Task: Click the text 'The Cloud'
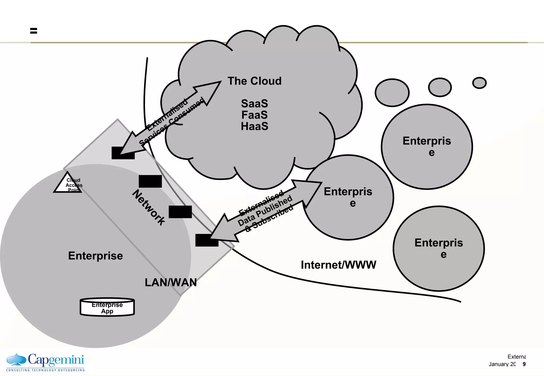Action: click(254, 81)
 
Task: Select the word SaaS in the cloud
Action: click(254, 104)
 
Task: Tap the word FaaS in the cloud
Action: click(254, 115)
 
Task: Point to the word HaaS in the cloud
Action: click(254, 126)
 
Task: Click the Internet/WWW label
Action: click(338, 265)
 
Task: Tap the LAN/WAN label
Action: click(171, 282)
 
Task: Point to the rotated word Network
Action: click(149, 207)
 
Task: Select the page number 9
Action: click(524, 364)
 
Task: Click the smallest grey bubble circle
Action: click(479, 83)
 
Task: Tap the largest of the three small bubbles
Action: click(392, 93)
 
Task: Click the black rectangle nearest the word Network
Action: click(150, 181)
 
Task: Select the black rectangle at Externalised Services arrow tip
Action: click(123, 153)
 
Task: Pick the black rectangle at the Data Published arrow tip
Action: click(207, 240)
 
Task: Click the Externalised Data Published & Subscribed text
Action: click(266, 211)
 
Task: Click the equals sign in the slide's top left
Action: click(33, 31)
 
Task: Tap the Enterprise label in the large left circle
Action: click(95, 256)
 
